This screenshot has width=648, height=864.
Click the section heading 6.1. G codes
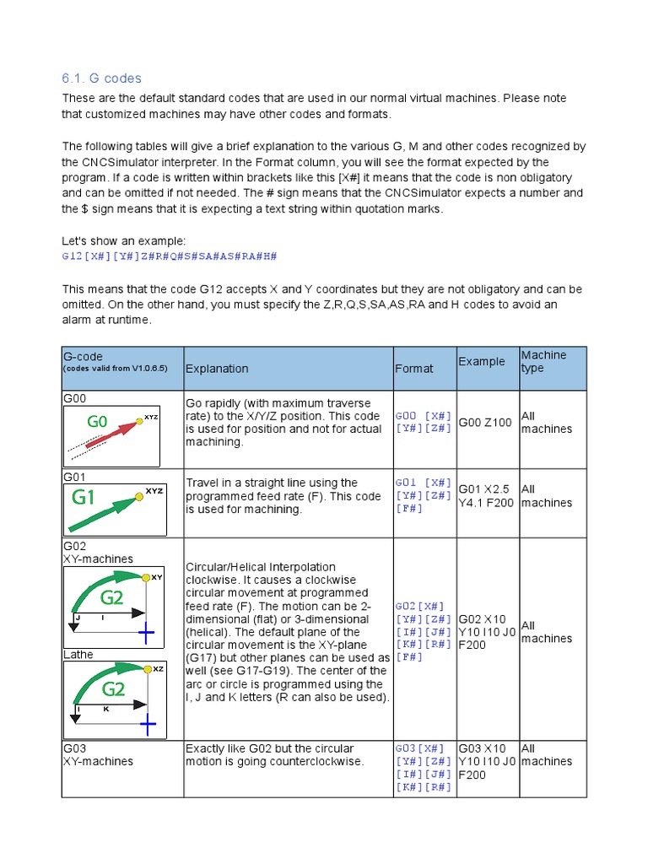[101, 78]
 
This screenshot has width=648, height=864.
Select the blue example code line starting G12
[170, 256]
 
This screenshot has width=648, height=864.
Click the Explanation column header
[217, 369]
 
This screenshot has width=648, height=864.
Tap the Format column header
[413, 369]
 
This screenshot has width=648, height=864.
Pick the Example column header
[482, 362]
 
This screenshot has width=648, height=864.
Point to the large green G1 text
[84, 497]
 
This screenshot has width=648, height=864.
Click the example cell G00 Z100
[485, 423]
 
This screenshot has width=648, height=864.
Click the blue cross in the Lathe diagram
[148, 723]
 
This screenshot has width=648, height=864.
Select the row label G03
[75, 748]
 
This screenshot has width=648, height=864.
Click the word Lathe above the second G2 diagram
[78, 655]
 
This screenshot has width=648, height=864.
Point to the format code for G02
[424, 632]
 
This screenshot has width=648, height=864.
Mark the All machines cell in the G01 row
[546, 496]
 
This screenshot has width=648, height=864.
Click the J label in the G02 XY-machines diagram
[77, 618]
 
